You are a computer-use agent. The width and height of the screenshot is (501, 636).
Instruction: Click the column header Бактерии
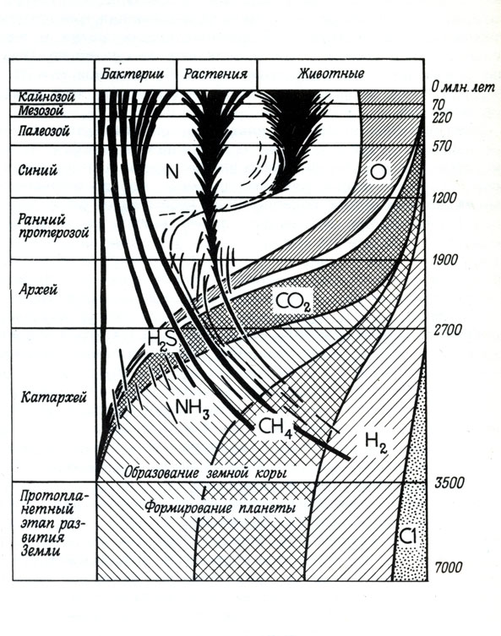click(133, 73)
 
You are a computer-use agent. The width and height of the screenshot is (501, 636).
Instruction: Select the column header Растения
click(215, 74)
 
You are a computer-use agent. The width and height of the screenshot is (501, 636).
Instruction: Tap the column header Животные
click(331, 73)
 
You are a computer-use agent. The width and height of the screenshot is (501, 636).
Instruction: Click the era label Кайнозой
click(46, 97)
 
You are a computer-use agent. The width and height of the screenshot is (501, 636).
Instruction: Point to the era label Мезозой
click(41, 111)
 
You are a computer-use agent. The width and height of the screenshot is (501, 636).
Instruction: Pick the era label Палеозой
click(44, 131)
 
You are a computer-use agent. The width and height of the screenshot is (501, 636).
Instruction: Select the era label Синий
click(38, 170)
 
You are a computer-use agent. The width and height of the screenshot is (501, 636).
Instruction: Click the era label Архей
click(38, 290)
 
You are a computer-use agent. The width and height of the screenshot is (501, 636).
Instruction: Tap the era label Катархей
click(53, 397)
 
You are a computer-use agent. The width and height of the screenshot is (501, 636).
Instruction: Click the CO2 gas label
click(293, 302)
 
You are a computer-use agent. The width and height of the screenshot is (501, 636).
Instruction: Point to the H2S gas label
click(162, 339)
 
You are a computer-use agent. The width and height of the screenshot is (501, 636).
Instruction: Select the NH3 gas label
click(193, 409)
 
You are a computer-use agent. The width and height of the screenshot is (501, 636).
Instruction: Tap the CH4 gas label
click(275, 427)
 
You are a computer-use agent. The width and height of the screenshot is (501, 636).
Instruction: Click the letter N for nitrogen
click(172, 172)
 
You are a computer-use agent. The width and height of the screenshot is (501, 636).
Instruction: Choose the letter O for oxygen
click(378, 172)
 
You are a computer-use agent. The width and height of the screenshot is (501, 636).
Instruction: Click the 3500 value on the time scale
click(449, 483)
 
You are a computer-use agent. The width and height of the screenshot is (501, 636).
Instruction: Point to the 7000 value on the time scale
click(449, 567)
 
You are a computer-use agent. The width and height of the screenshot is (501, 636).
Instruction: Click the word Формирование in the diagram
click(188, 508)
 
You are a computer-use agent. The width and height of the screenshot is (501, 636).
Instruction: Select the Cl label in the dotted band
click(408, 537)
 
